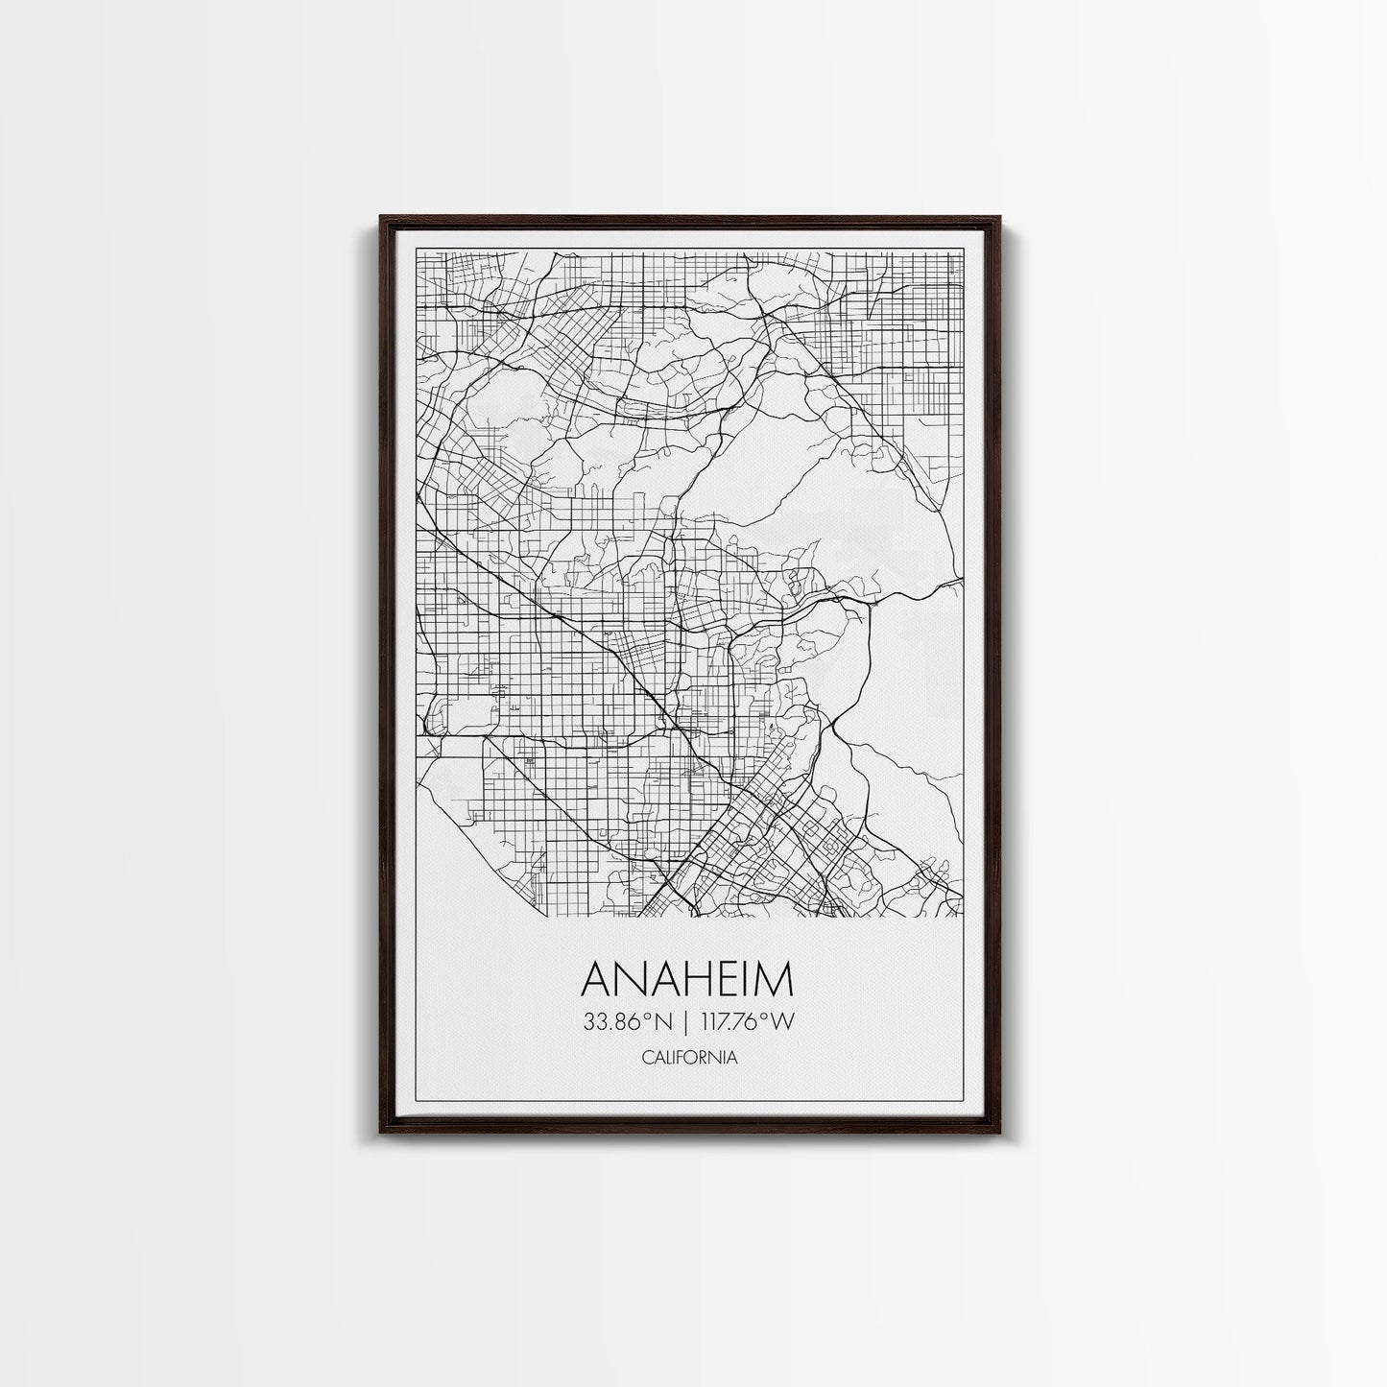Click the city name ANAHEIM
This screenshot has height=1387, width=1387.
[x=688, y=980]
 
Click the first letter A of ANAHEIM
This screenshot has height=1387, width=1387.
[x=597, y=980]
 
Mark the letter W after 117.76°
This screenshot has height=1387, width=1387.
[x=784, y=1022]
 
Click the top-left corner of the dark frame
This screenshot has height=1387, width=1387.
[x=381, y=217]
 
